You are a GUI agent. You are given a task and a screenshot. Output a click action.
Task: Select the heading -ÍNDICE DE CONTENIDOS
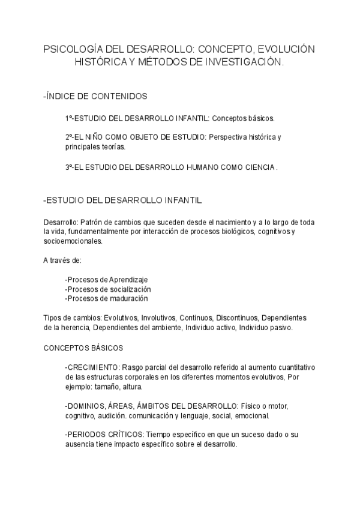[x=95, y=96]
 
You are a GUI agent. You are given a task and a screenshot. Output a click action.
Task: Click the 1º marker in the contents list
[x=69, y=118]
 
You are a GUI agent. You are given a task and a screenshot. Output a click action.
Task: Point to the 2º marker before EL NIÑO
[x=69, y=137]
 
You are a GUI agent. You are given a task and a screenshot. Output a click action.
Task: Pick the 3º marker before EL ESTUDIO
[x=69, y=167]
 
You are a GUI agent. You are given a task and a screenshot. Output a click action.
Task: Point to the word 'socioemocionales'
[x=73, y=241]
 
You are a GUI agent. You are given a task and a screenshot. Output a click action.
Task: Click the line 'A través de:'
[x=62, y=260]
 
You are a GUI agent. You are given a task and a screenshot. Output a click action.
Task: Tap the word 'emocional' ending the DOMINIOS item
[x=254, y=415]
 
